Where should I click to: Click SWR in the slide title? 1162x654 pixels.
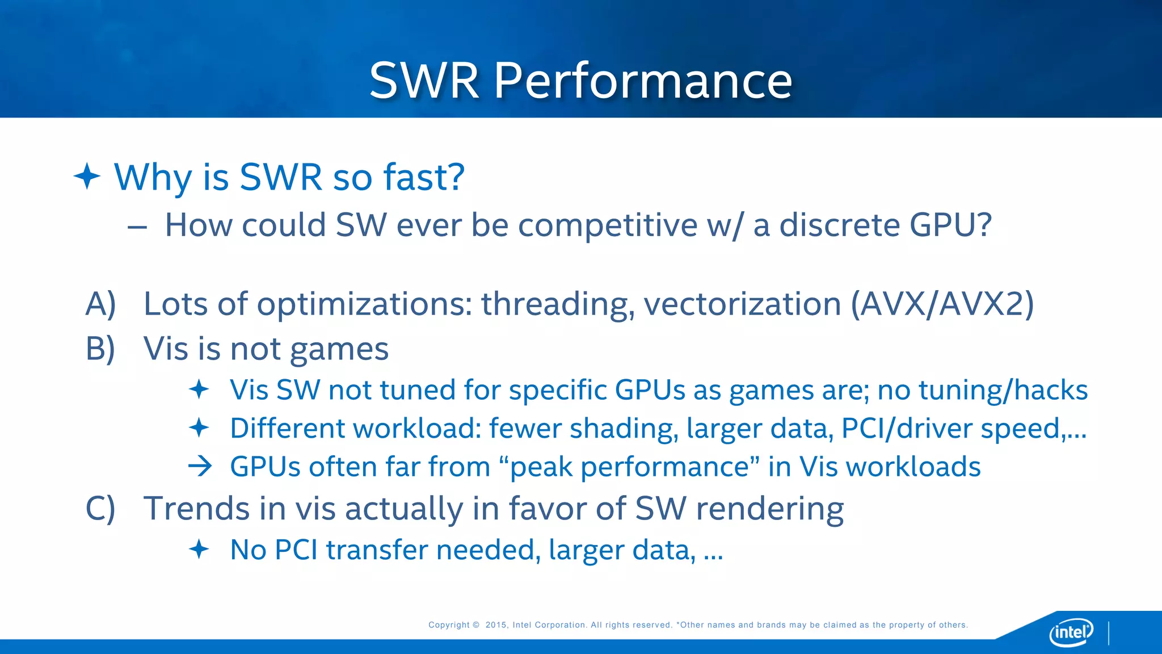(424, 81)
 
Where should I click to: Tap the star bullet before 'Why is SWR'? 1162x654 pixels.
(87, 176)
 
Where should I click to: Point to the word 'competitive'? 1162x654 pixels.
(607, 225)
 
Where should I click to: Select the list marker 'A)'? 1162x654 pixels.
(100, 304)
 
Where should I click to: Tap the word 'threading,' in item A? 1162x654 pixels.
(558, 304)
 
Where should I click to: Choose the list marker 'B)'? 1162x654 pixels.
(100, 349)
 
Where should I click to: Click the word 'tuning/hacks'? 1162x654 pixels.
(1003, 391)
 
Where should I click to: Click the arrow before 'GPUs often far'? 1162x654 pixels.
(200, 467)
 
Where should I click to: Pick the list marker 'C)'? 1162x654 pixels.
(100, 508)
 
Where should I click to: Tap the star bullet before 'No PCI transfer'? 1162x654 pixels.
(199, 550)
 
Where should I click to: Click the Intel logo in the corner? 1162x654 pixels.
(1071, 631)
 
